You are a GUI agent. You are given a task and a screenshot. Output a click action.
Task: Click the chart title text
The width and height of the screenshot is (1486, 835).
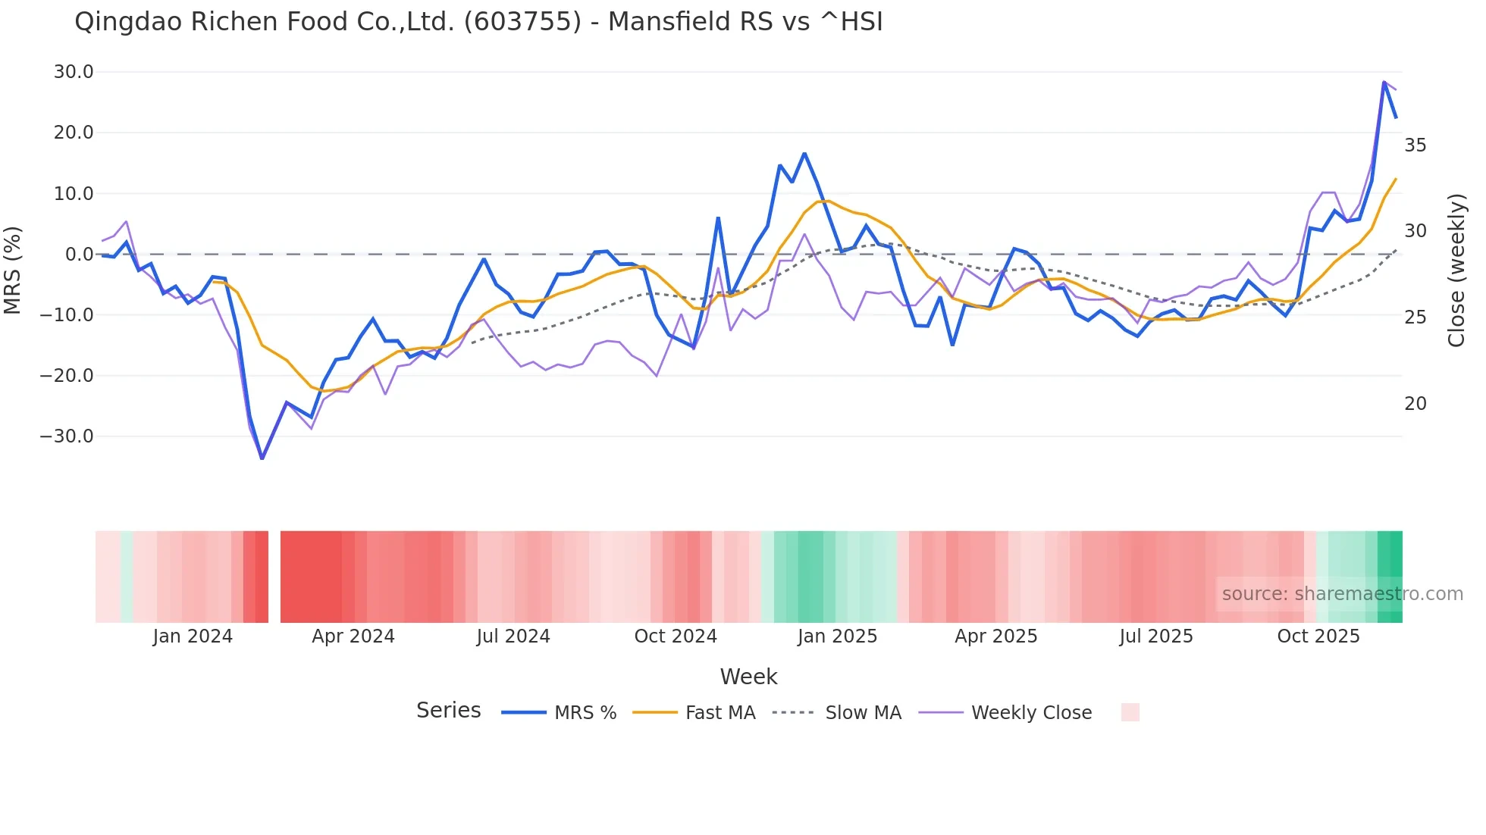[x=478, y=21]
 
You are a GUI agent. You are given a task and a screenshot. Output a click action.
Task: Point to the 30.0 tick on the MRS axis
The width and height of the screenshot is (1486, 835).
[x=74, y=72]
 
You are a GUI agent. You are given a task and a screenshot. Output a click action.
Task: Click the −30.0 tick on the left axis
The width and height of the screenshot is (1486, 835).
[x=67, y=436]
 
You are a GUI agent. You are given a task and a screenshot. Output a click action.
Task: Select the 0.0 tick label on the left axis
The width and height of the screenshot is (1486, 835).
[x=79, y=255]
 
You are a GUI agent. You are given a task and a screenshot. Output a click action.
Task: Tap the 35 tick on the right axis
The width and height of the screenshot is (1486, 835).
[x=1415, y=145]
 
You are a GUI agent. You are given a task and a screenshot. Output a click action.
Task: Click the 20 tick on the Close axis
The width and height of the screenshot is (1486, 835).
[x=1415, y=404]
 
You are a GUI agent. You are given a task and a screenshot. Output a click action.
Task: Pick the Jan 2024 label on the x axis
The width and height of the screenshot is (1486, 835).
[x=193, y=636]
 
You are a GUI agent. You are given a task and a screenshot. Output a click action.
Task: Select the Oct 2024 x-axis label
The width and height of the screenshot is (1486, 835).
[x=676, y=636]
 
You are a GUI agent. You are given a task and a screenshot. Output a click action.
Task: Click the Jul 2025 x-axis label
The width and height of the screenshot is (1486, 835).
[x=1156, y=636]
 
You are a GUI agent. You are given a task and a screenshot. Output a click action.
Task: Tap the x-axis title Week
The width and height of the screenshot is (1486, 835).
[x=748, y=677]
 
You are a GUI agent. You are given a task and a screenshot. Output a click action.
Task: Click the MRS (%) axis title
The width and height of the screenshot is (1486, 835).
[x=13, y=271]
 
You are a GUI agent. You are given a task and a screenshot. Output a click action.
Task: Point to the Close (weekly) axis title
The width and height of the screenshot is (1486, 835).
[x=1456, y=271]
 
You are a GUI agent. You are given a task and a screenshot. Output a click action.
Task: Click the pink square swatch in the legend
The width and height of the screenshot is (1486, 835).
[x=1130, y=712]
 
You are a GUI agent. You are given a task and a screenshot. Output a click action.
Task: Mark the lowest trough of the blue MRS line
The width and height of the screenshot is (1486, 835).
[x=262, y=458]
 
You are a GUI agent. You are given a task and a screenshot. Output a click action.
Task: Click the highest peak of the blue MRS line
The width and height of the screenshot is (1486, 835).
[x=1384, y=82]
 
